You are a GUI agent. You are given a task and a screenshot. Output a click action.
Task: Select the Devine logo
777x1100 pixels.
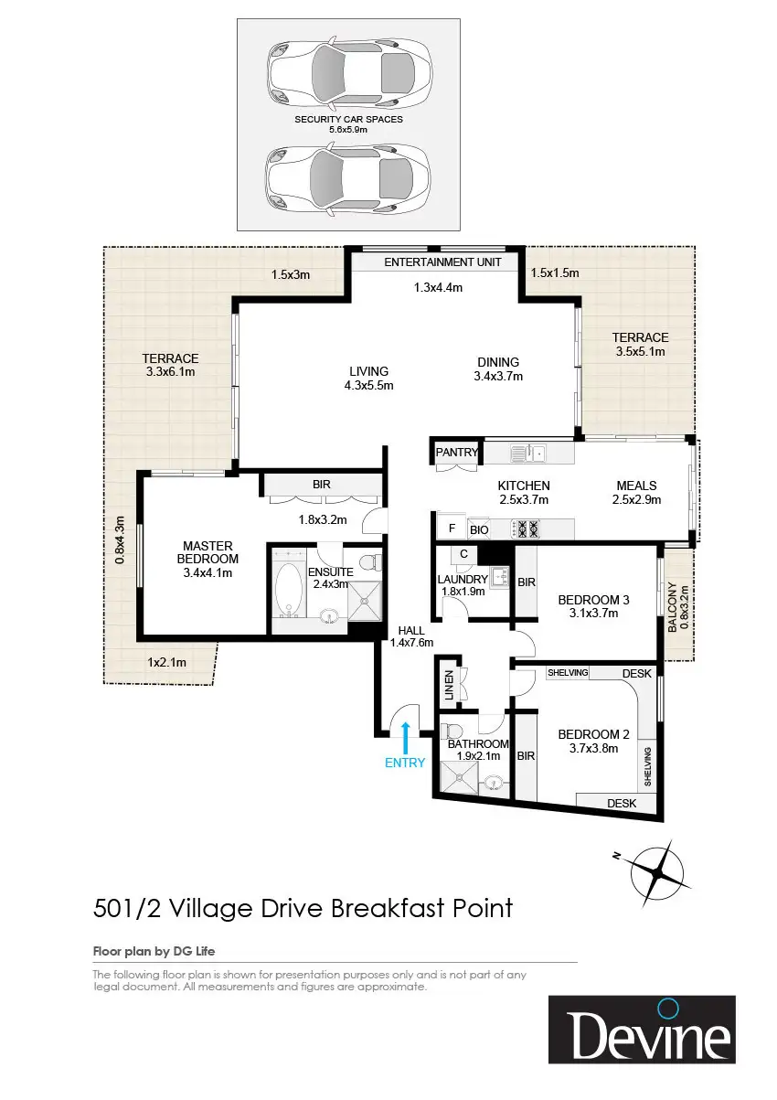point(642,1029)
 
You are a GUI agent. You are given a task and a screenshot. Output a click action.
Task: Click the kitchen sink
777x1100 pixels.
point(527,453)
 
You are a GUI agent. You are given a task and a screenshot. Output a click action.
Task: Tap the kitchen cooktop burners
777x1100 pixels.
point(526,529)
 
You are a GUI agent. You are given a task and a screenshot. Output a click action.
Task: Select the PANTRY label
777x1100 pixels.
point(456,452)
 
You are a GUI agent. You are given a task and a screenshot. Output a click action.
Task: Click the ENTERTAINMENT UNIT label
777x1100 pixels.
point(442,262)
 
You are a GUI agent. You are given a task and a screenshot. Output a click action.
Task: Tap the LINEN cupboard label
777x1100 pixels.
point(449,685)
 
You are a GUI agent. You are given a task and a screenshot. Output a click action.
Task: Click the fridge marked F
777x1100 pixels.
point(452,529)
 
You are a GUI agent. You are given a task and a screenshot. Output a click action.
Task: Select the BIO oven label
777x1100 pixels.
point(479,529)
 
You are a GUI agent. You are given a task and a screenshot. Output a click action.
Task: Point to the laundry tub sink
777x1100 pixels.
point(499,576)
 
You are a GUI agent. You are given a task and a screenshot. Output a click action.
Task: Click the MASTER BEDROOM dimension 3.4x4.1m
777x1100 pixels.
point(208,572)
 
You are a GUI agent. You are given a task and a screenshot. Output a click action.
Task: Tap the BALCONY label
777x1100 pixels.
point(672,607)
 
